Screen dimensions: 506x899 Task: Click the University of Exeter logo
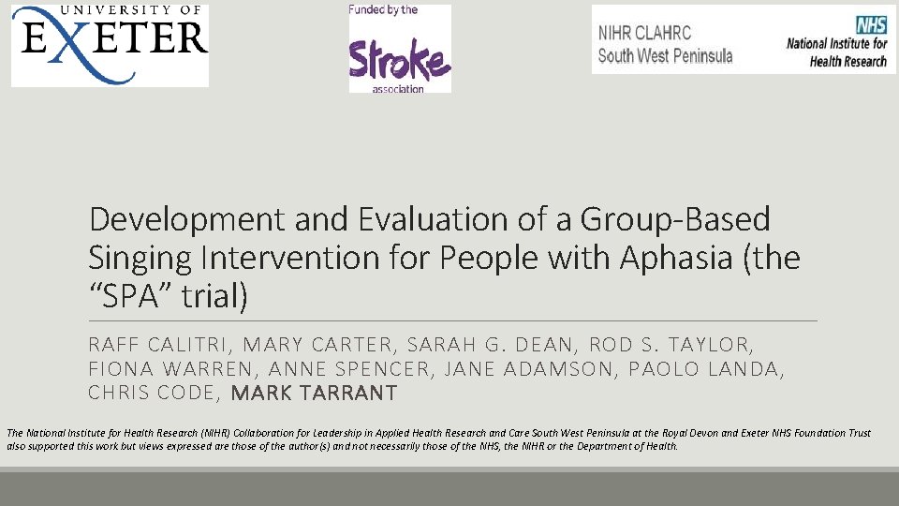(x=110, y=44)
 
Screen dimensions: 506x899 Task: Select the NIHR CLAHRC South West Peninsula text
(x=665, y=44)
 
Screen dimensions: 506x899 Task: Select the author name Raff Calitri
(x=155, y=345)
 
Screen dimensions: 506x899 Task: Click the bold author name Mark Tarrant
(x=314, y=394)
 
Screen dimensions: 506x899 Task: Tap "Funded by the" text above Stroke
(x=383, y=10)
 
